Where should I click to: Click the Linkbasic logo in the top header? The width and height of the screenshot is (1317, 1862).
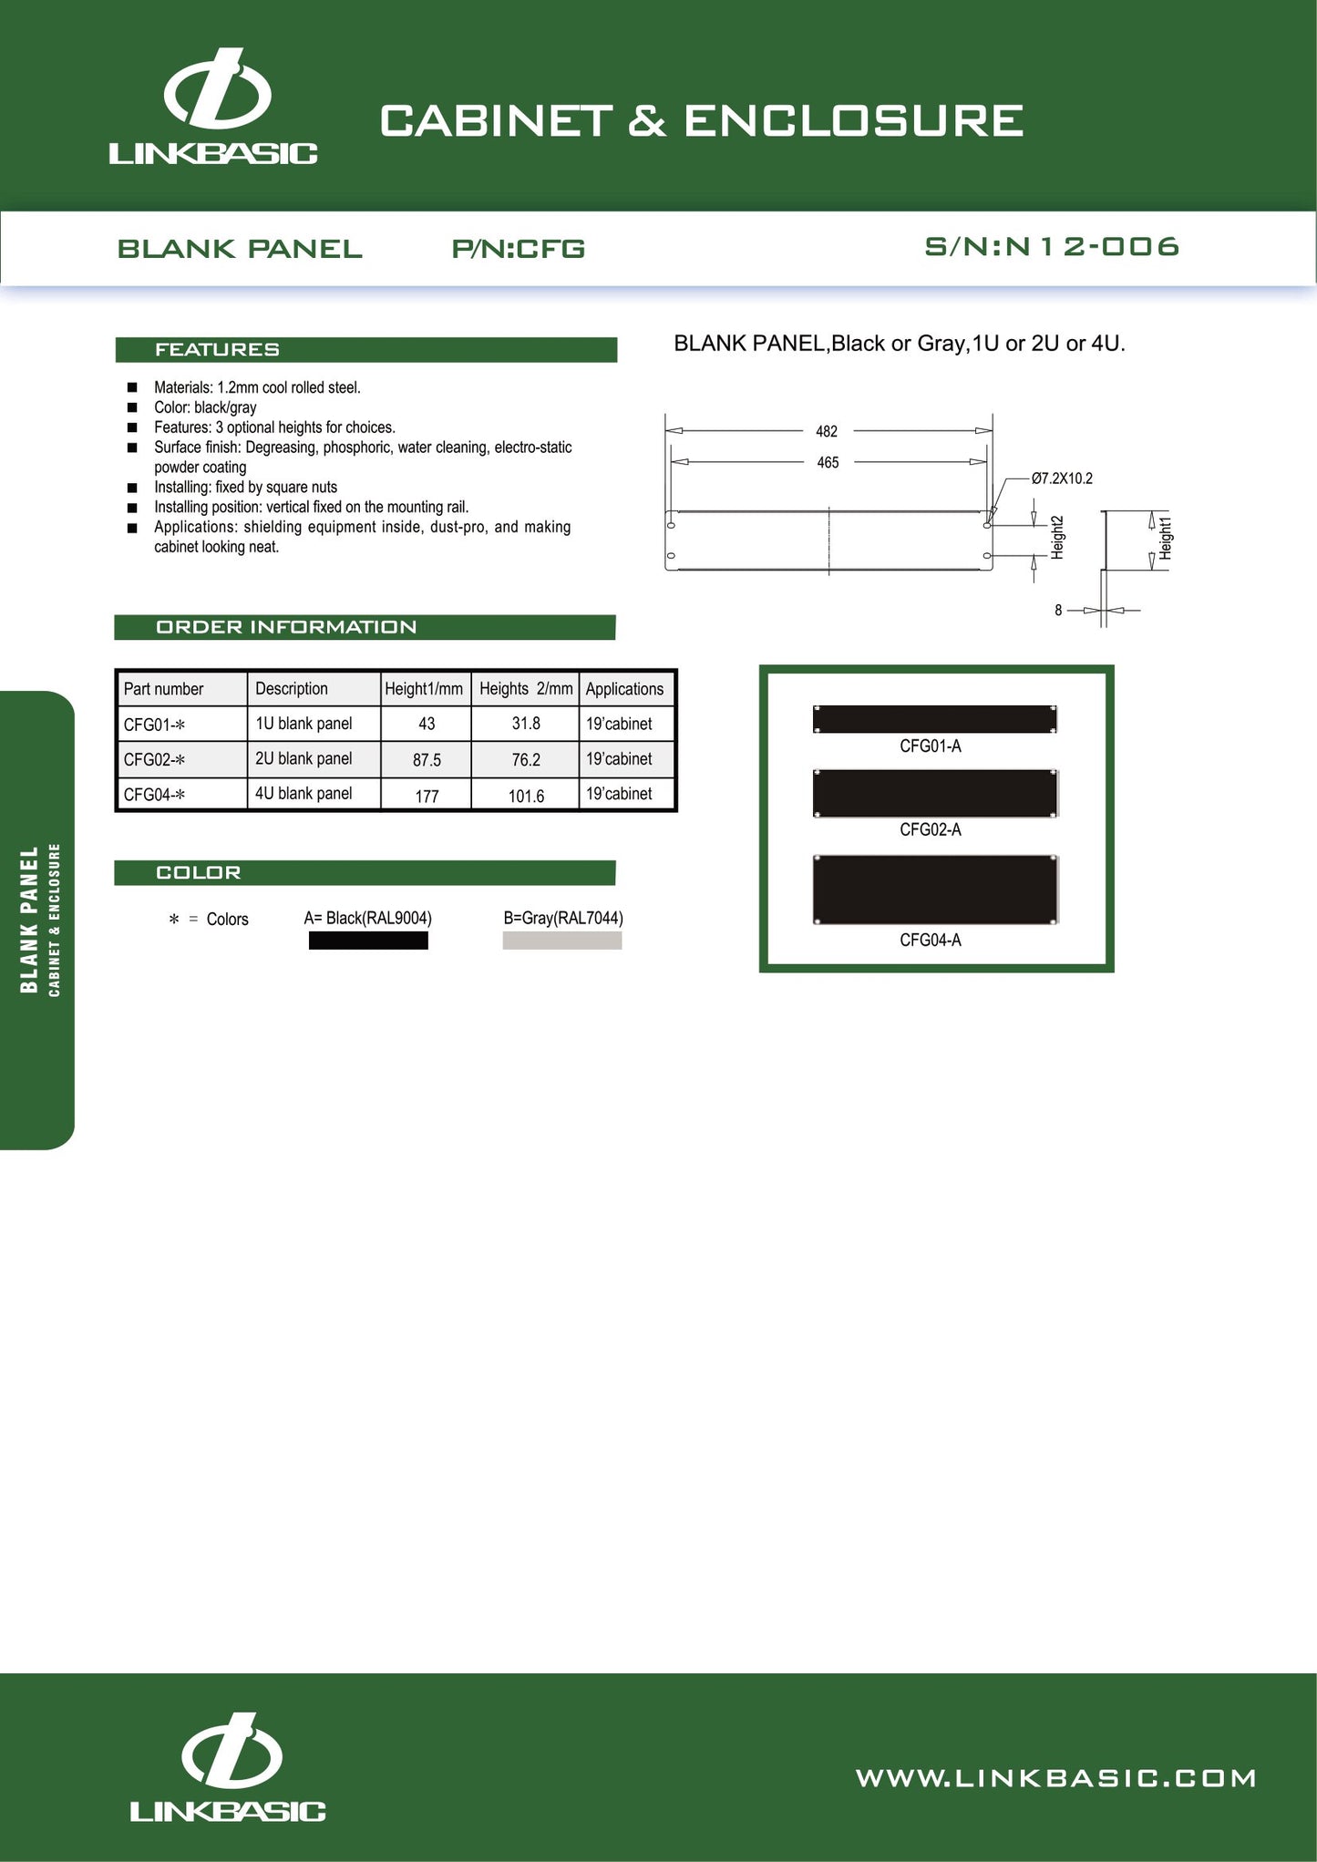[x=214, y=108]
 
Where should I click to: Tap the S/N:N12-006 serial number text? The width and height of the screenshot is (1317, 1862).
[x=1052, y=247]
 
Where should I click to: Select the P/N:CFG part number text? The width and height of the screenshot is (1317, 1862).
[x=518, y=249]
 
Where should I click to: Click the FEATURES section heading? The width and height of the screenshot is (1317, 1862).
[x=217, y=350]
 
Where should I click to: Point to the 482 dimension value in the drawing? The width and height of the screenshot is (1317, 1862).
[x=827, y=431]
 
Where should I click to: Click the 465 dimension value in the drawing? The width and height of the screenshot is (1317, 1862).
[x=828, y=463]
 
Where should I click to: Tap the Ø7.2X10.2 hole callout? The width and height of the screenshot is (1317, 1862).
[x=1062, y=478]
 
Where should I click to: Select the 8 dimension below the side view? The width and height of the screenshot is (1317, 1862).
[x=1058, y=611]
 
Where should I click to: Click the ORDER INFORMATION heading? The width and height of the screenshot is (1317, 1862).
[x=286, y=627]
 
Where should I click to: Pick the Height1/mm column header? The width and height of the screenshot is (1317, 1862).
[x=424, y=689]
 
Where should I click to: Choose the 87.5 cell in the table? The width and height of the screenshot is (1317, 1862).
[x=427, y=760]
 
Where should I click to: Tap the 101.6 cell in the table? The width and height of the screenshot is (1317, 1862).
[x=526, y=796]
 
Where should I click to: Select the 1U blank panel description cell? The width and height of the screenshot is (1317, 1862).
[x=304, y=724]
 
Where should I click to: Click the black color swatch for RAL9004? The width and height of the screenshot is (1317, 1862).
[x=368, y=941]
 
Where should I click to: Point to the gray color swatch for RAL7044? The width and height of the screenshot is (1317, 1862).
[x=561, y=941]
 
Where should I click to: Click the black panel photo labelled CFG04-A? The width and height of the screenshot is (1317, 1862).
[x=935, y=890]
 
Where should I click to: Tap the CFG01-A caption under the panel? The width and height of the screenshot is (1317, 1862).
[x=931, y=746]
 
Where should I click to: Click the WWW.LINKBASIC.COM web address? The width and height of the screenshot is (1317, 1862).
[x=1055, y=1778]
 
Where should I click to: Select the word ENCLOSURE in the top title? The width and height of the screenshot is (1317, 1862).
[x=853, y=121]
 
